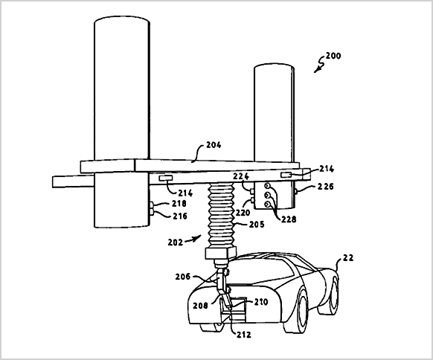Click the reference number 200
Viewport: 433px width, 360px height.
[x=333, y=56]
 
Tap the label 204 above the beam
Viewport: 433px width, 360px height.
[x=214, y=145]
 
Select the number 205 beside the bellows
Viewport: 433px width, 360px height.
[x=257, y=225]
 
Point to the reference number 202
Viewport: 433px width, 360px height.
[x=176, y=242]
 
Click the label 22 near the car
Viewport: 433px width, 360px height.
[x=348, y=258]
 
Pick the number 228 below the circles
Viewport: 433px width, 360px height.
[x=289, y=219]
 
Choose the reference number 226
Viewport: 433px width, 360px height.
[x=326, y=187]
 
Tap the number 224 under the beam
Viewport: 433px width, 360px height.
[x=241, y=176]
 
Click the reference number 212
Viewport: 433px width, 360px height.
[x=243, y=335]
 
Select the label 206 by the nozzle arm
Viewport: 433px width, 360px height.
[x=183, y=277]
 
